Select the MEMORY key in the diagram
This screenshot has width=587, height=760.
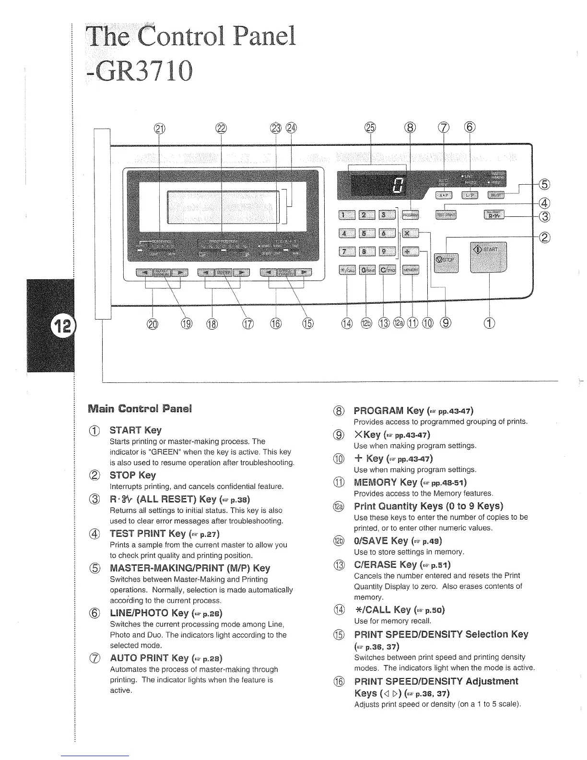[x=411, y=270]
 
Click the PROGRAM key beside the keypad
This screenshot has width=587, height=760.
[x=411, y=215]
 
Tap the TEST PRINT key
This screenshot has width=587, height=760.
[x=446, y=215]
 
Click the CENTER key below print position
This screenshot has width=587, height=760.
[x=223, y=273]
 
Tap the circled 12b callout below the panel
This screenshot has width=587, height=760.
[x=366, y=323]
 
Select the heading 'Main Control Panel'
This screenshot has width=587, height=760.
[x=140, y=409]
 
